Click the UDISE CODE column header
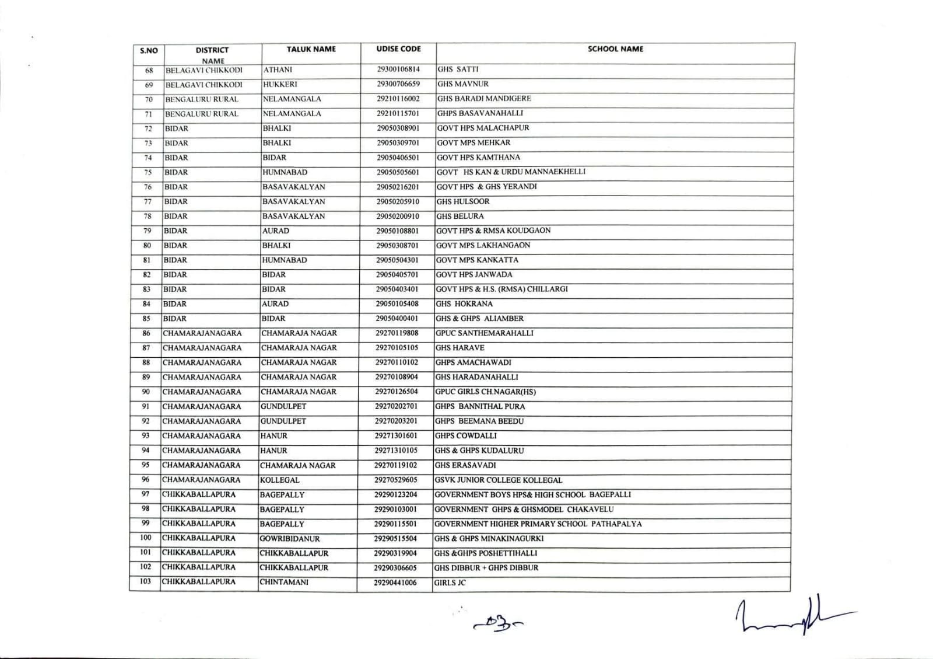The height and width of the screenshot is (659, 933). pyautogui.click(x=398, y=49)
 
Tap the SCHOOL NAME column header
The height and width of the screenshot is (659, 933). pyautogui.click(x=615, y=49)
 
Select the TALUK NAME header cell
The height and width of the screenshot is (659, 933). pyautogui.click(x=311, y=49)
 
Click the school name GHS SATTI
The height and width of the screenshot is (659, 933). pyautogui.click(x=458, y=69)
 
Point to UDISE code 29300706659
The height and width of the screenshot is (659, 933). pyautogui.click(x=398, y=84)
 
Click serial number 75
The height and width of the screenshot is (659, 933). pyautogui.click(x=148, y=172)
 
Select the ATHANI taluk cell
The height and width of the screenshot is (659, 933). pyautogui.click(x=278, y=69)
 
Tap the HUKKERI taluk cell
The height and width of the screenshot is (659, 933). pyautogui.click(x=280, y=84)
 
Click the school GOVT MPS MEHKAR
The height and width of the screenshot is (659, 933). pyautogui.click(x=473, y=143)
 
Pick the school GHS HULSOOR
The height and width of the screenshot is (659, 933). pyautogui.click(x=463, y=201)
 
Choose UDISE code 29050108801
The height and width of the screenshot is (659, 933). pyautogui.click(x=398, y=231)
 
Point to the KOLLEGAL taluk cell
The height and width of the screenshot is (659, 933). pyautogui.click(x=280, y=480)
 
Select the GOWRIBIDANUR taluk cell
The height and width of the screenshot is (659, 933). pyautogui.click(x=289, y=539)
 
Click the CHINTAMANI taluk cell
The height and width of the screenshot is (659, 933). pyautogui.click(x=284, y=582)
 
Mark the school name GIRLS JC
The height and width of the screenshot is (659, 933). pyautogui.click(x=450, y=583)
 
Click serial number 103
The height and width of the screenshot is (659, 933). pyautogui.click(x=145, y=581)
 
